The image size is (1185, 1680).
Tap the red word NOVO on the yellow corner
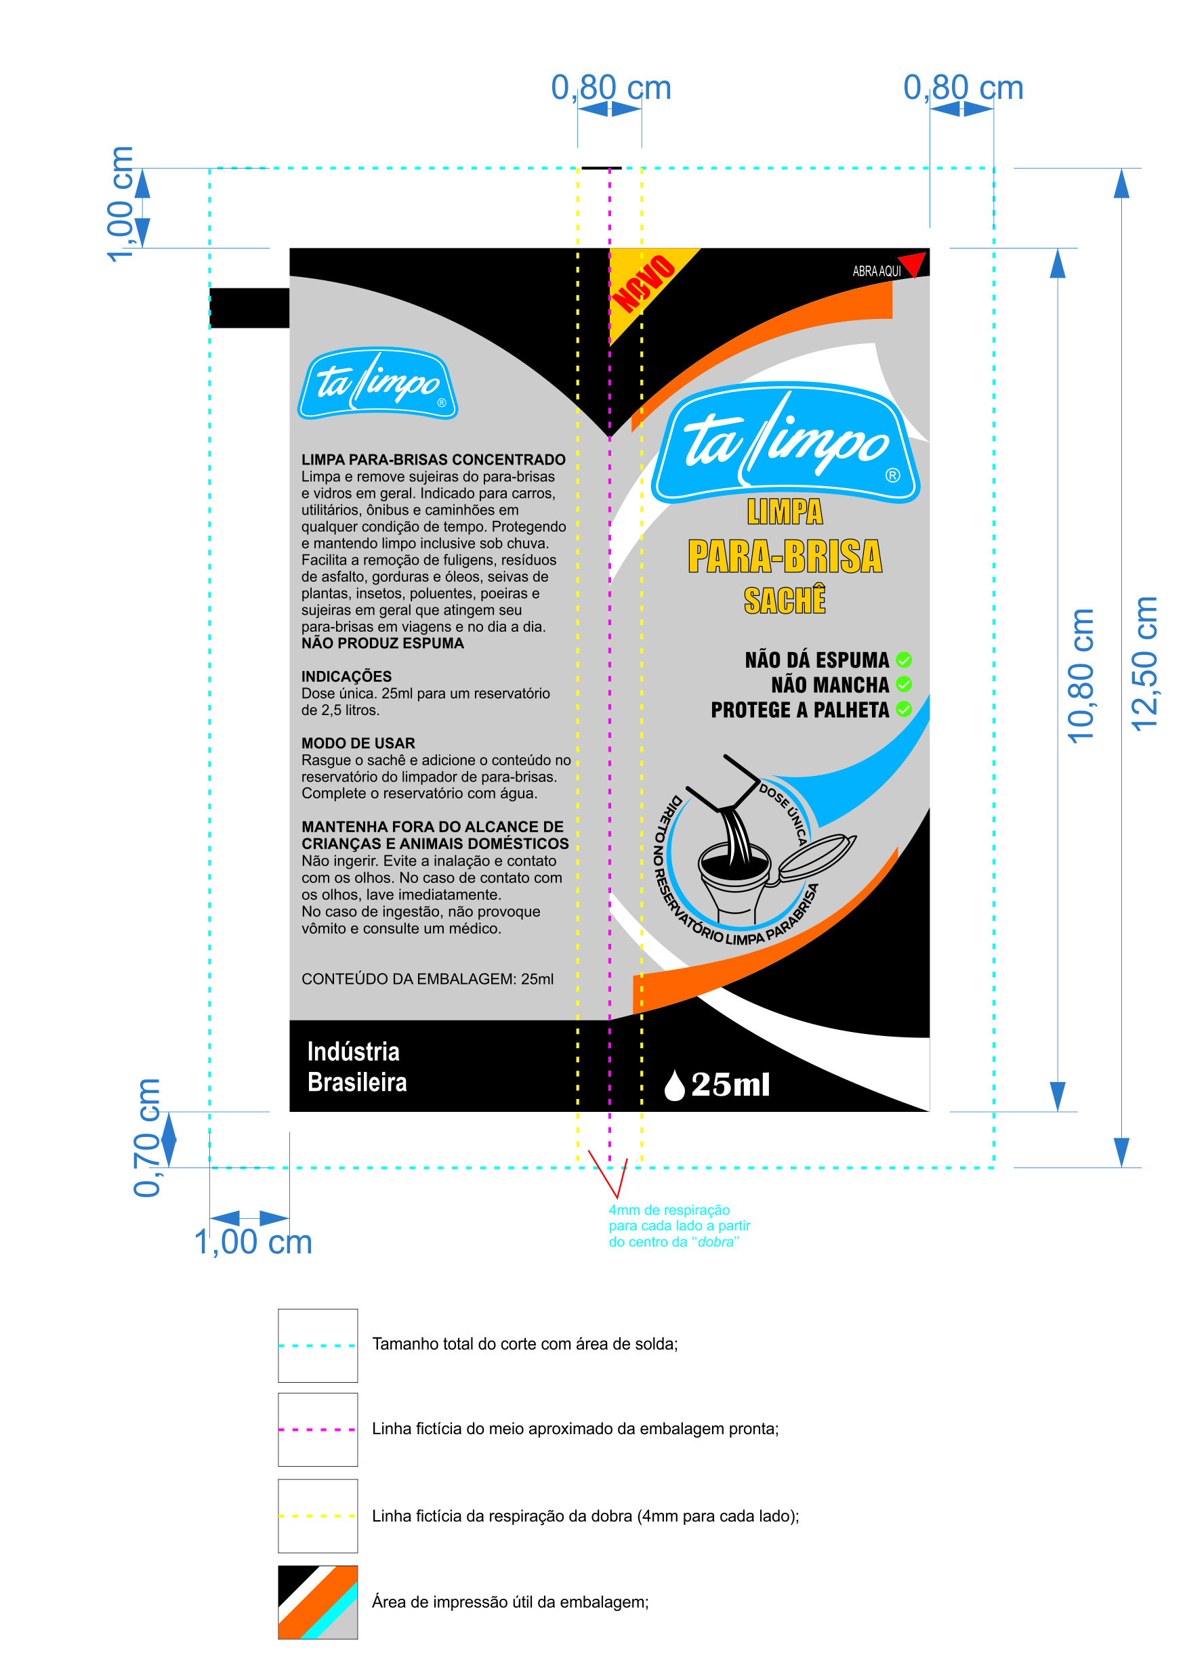(x=644, y=284)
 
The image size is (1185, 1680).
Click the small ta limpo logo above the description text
(x=377, y=383)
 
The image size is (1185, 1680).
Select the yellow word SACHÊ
(x=785, y=600)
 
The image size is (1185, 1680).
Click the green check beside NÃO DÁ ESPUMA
(x=904, y=660)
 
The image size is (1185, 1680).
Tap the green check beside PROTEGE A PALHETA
(x=904, y=709)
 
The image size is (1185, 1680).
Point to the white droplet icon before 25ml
(x=674, y=1084)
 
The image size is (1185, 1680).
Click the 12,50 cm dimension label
(x=1144, y=664)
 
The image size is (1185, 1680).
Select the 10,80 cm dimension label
(x=1081, y=676)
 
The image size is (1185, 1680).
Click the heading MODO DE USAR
(x=358, y=744)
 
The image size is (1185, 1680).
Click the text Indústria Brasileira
(x=356, y=1067)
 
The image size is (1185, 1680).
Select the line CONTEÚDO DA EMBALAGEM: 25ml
(x=428, y=979)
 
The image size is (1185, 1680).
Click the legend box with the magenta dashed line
(x=318, y=1429)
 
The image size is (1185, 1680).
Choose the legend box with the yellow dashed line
(x=318, y=1515)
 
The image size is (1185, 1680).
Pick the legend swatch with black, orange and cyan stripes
(x=318, y=1601)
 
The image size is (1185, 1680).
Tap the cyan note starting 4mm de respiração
(x=680, y=1226)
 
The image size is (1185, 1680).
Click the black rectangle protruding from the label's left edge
(x=249, y=308)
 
